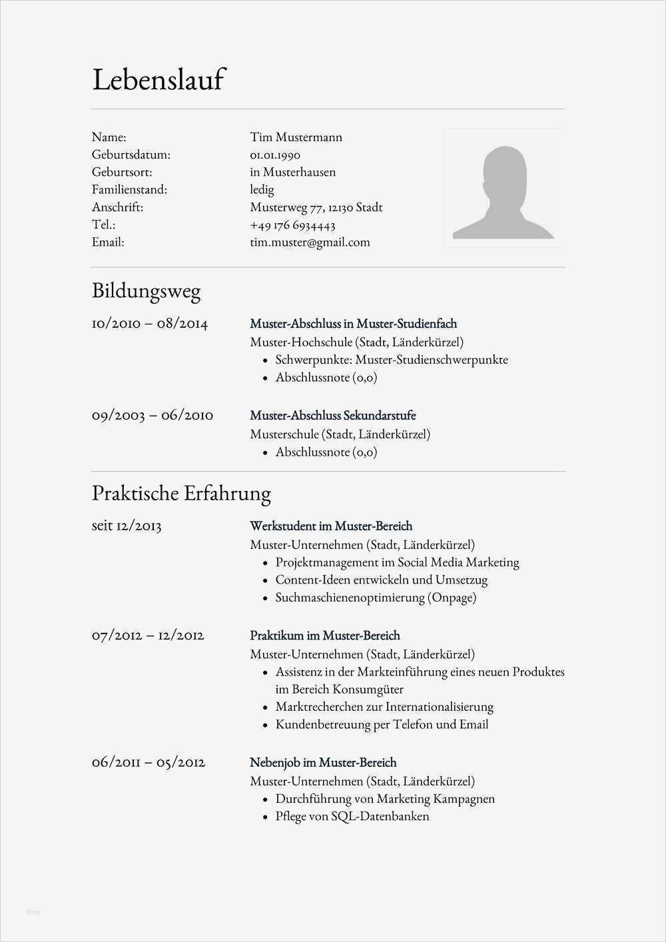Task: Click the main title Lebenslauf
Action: [159, 80]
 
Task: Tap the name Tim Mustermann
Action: [296, 137]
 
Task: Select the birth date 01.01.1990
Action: [275, 155]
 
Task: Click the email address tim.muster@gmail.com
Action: [310, 242]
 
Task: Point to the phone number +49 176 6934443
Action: [292, 225]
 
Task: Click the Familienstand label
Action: [129, 190]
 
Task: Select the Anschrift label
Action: [117, 207]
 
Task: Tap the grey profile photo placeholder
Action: [503, 188]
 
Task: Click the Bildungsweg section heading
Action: [146, 291]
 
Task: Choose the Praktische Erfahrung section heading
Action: [181, 494]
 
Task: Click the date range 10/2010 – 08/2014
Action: [150, 324]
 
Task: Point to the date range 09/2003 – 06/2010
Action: [153, 415]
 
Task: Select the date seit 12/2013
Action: [127, 526]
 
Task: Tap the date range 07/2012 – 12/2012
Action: [148, 635]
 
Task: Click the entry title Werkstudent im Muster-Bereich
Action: [331, 526]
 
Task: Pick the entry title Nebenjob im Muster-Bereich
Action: [323, 763]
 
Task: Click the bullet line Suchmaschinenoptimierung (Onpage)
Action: [376, 598]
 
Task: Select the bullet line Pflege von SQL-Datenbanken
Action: [352, 816]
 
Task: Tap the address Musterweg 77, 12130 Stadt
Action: [316, 207]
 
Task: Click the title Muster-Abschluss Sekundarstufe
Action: [332, 416]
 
